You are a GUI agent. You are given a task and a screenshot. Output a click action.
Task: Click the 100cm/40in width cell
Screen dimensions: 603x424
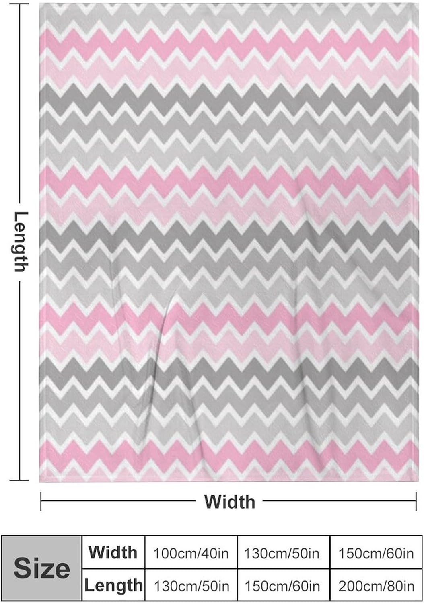point(191,554)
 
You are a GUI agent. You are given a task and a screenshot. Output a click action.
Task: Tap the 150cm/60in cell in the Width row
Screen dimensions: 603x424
point(376,554)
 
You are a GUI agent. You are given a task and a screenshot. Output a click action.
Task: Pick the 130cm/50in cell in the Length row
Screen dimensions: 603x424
point(191,586)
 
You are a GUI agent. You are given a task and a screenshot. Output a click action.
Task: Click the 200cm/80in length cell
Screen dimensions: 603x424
point(376,586)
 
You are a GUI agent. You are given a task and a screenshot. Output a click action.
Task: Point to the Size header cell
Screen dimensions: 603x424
point(42,569)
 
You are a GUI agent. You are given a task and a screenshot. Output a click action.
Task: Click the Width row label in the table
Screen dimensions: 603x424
point(113,552)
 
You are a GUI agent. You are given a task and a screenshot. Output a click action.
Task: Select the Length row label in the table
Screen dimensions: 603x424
point(113,585)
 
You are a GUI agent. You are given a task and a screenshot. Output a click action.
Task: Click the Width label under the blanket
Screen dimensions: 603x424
point(229,502)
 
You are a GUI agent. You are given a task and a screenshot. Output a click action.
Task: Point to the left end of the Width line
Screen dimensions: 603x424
point(41,501)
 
